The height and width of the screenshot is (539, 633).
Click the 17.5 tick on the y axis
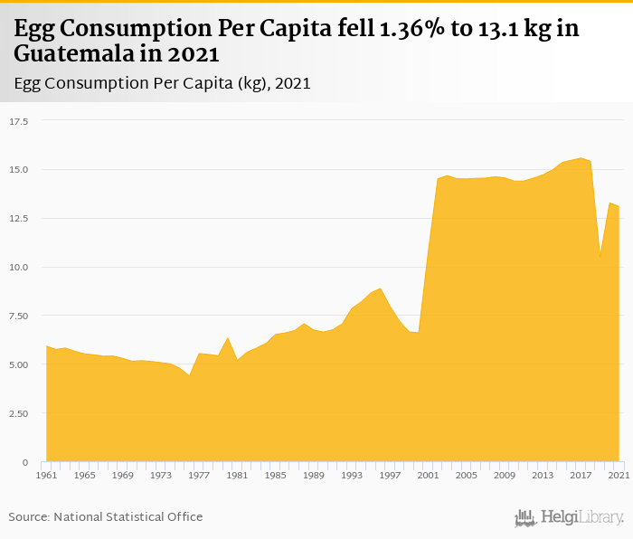coord(19,120)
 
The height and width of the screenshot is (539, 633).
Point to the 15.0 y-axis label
coord(19,169)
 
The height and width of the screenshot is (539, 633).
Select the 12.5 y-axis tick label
coord(19,218)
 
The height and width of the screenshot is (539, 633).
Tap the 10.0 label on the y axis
coord(19,267)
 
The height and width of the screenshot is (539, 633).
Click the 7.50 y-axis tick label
coord(19,316)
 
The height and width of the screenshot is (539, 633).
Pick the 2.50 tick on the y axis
coord(19,413)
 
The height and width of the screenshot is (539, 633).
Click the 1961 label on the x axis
coord(46,475)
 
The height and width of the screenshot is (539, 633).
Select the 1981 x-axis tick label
coord(237,475)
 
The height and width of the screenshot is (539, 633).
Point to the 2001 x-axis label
coord(428,475)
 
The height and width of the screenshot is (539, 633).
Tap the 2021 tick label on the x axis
coord(619,475)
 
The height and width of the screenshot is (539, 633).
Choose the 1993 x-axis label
coord(352,475)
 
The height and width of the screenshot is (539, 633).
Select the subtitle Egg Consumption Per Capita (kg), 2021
coord(163,83)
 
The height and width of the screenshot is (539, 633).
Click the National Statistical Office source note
coord(106,516)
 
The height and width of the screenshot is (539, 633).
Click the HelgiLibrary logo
coord(570,517)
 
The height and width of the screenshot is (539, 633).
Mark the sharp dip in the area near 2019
coord(600,258)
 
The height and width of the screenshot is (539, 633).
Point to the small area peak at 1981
coord(228,338)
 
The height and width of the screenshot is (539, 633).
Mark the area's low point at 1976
coord(190,375)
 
